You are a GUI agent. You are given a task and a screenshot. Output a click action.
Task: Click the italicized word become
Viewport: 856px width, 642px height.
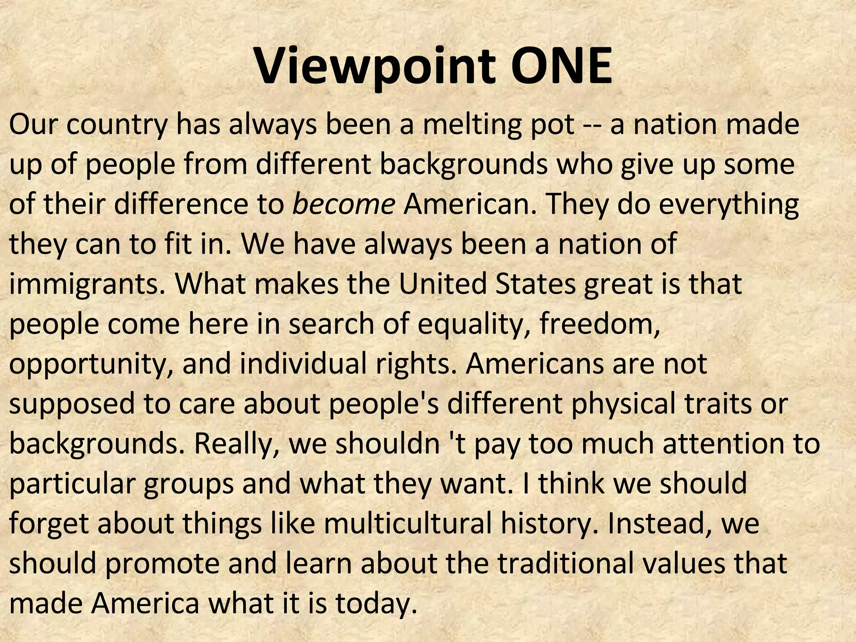click(344, 204)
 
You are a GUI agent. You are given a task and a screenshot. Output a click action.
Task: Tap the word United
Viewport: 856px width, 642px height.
click(443, 284)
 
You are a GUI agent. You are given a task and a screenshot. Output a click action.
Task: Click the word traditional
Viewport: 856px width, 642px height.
click(565, 563)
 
